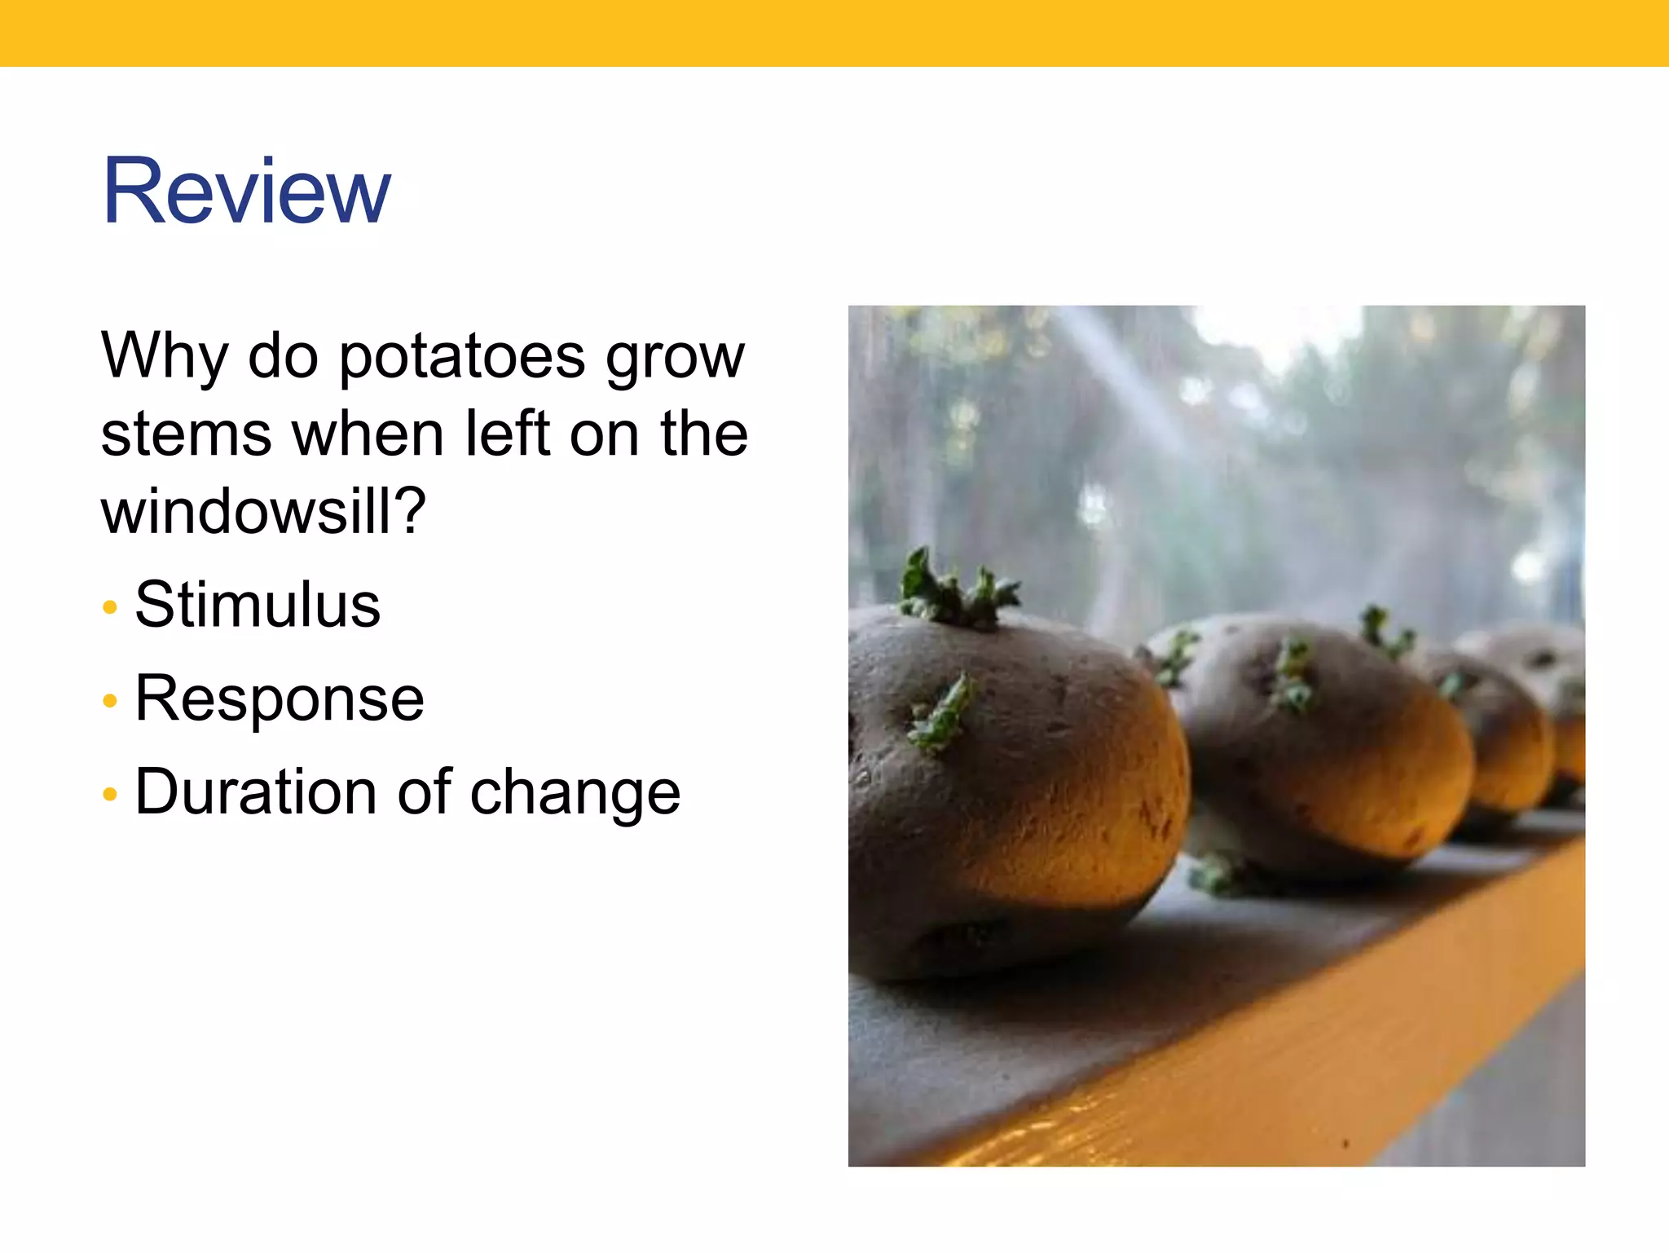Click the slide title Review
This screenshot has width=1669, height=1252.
tap(246, 192)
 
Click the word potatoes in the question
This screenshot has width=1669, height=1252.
tap(461, 358)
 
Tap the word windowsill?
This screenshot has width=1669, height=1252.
tap(263, 512)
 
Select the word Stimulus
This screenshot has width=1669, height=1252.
tap(258, 605)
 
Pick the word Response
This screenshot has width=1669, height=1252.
tap(280, 699)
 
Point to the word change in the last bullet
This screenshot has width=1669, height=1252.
tap(575, 793)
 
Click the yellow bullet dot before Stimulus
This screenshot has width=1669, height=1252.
tap(110, 607)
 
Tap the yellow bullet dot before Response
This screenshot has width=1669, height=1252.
tap(110, 701)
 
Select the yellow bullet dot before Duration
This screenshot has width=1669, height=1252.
tap(110, 794)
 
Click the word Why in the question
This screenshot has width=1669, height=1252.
tap(164, 356)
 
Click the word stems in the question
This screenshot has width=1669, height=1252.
tap(186, 434)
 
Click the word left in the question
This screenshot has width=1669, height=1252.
tap(507, 434)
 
